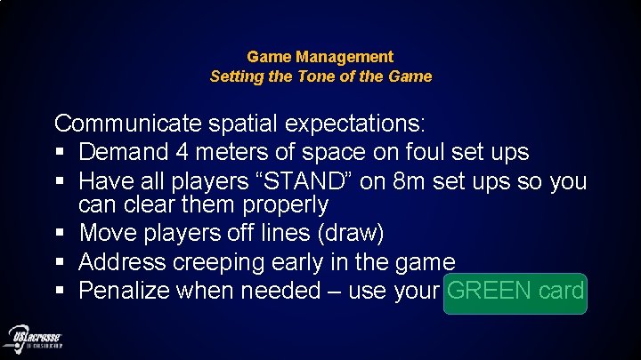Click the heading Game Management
pyautogui.click(x=320, y=57)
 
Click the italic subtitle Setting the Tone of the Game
pyautogui.click(x=320, y=76)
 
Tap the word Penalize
pyautogui.click(x=127, y=291)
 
